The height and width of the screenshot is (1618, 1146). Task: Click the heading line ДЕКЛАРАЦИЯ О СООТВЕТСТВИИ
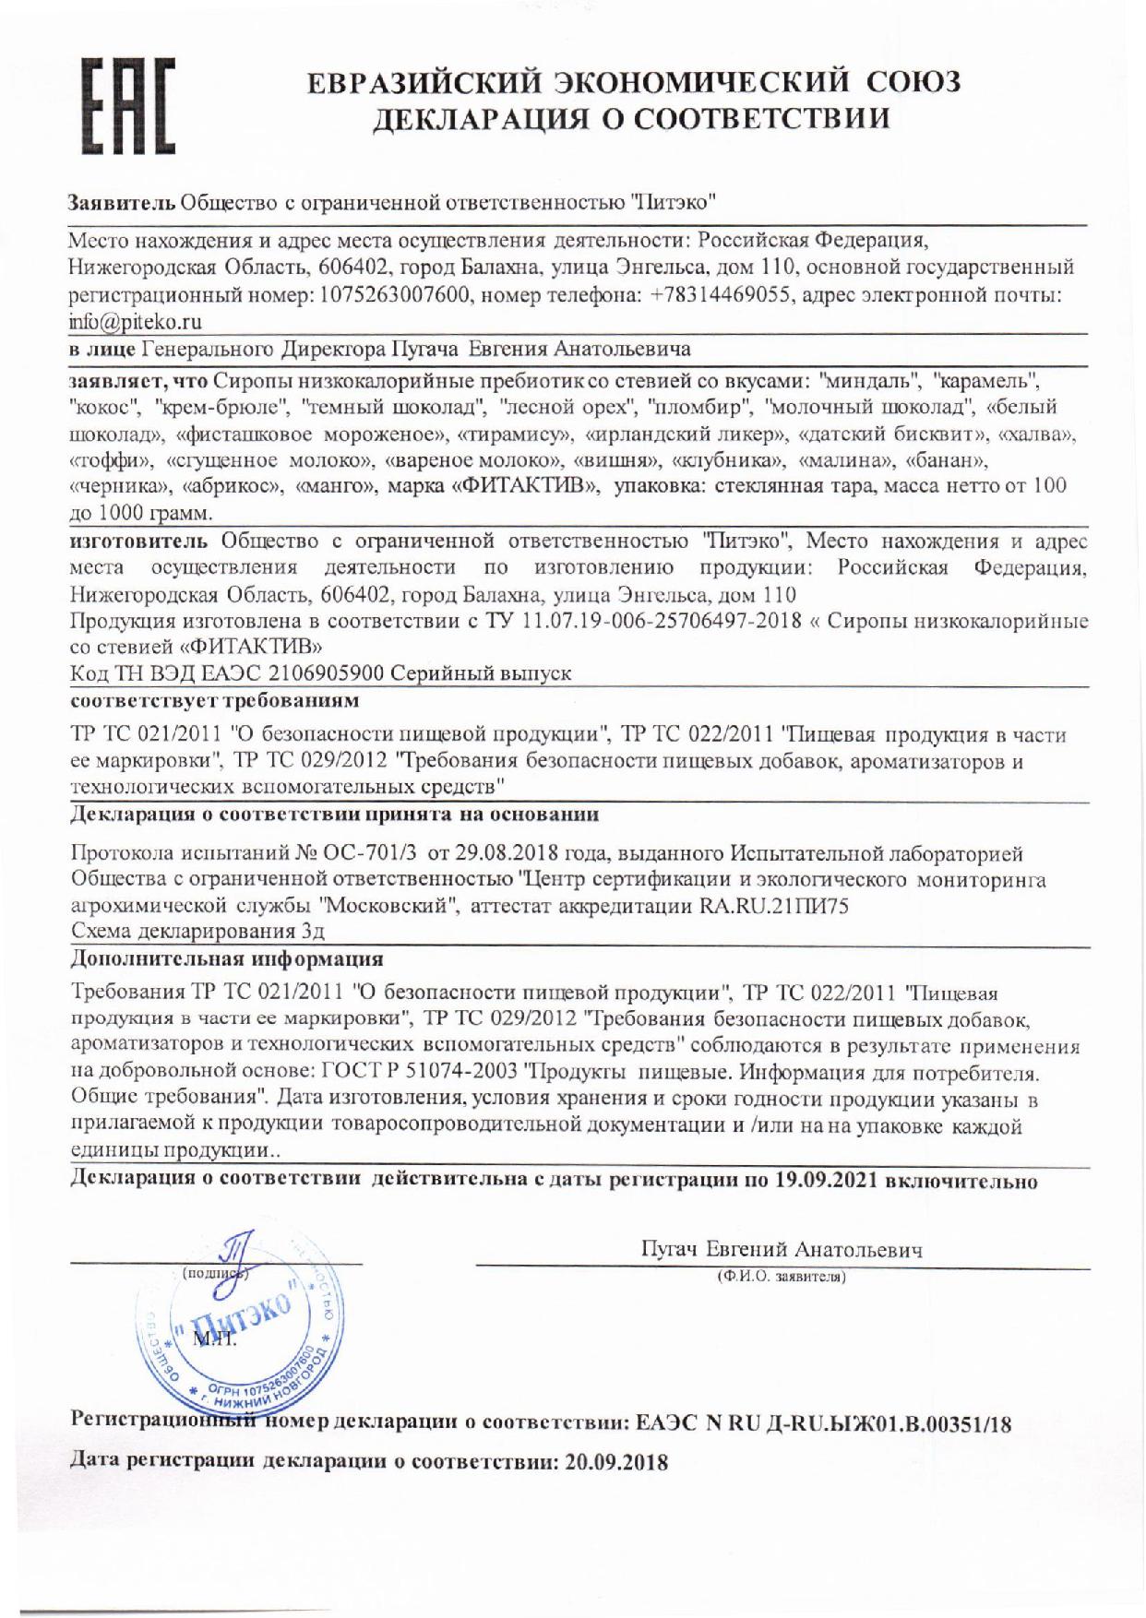pos(631,120)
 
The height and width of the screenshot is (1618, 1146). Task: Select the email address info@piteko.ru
pos(137,321)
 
